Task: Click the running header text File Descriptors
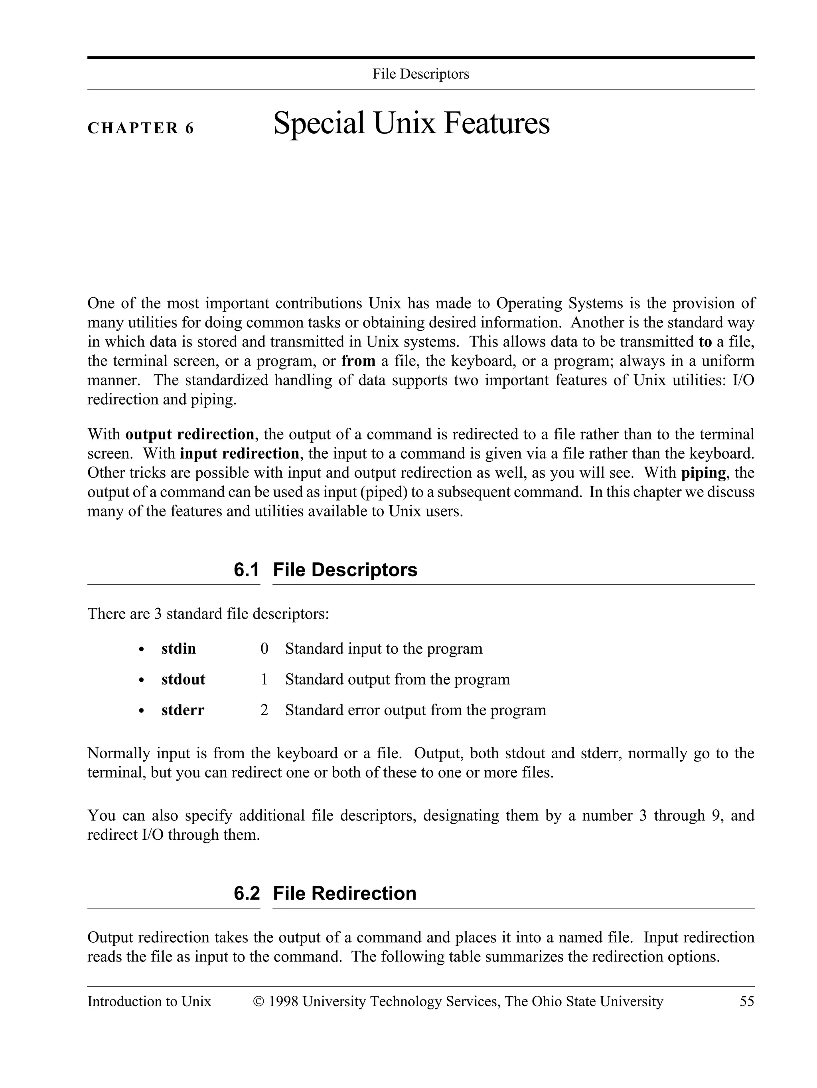tap(421, 74)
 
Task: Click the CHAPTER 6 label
tap(140, 129)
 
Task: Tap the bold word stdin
tap(178, 649)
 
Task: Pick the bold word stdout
tap(183, 679)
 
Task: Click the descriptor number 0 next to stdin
tap(264, 649)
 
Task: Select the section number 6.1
tap(246, 570)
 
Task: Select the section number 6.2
tap(246, 894)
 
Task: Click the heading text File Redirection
tap(344, 894)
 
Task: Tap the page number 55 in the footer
tap(746, 1002)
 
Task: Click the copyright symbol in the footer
tap(258, 1002)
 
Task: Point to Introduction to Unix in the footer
tap(149, 1002)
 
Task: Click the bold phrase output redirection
tap(190, 434)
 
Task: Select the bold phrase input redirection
tap(239, 453)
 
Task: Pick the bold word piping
tap(703, 473)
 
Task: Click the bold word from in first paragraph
tap(358, 361)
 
